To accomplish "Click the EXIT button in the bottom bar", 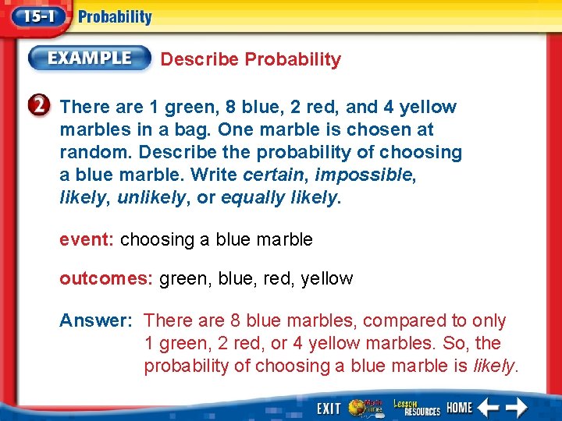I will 329,409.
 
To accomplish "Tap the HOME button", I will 460,409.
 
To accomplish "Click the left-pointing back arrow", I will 489,408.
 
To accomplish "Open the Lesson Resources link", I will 416,408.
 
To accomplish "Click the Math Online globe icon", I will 364,408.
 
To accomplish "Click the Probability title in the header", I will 116,17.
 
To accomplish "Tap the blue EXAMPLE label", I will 90,58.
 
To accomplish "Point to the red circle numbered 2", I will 43,107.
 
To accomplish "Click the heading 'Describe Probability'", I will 251,59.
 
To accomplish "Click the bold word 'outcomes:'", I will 107,278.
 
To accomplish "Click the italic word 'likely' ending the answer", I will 494,366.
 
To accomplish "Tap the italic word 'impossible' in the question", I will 362,175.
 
